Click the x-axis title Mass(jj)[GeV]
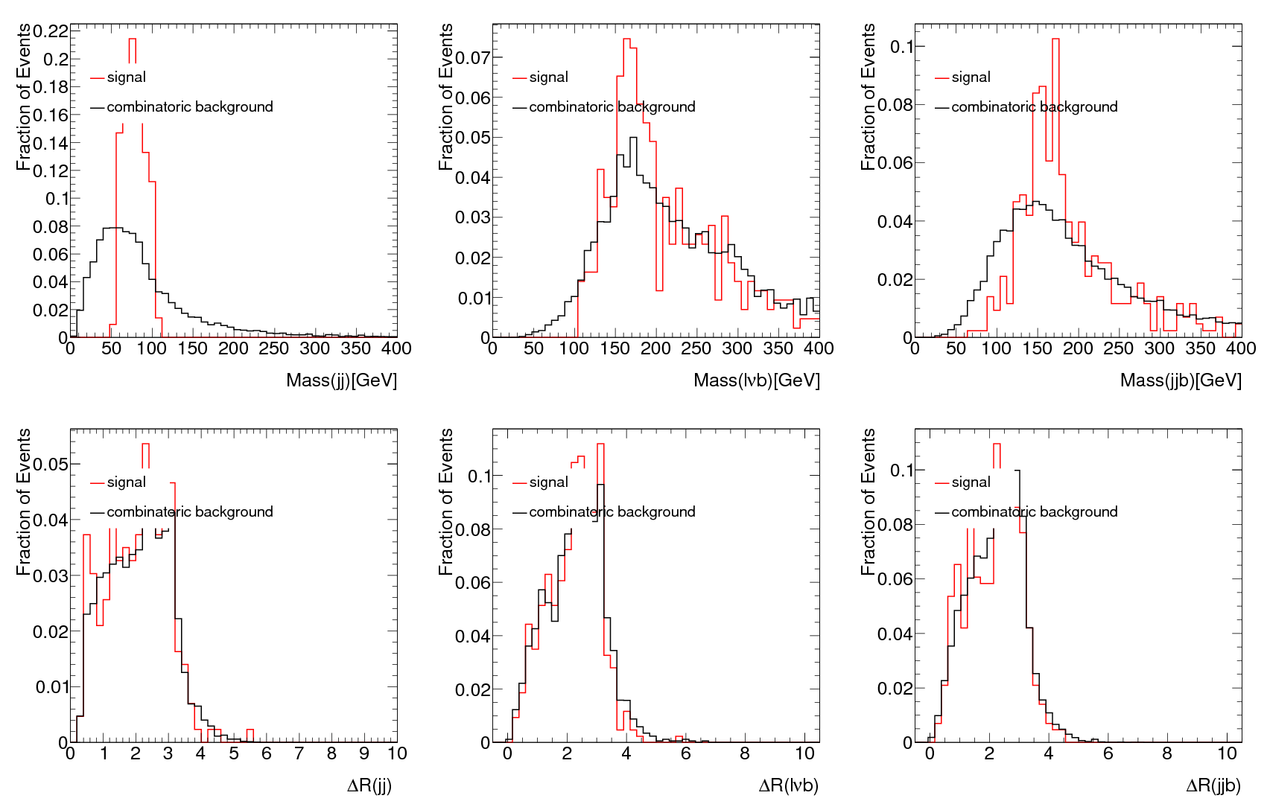pos(341,380)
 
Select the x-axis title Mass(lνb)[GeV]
pos(756,380)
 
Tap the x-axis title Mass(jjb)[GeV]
pos(1181,380)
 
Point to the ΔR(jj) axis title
pos(369,785)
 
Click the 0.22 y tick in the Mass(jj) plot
pos(50,31)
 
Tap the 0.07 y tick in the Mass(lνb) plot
pos(473,58)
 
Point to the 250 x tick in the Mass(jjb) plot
pos(1118,348)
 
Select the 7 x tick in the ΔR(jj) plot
pos(299,753)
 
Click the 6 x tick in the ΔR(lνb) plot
pos(685,753)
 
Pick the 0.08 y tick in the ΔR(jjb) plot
pos(895,525)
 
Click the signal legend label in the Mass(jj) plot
pos(126,77)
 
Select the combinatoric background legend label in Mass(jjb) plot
pos(1034,107)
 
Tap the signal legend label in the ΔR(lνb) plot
pos(548,482)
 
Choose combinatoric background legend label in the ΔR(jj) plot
pos(189,512)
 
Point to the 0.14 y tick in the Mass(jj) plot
pos(50,143)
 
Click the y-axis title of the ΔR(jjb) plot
pos(868,502)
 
